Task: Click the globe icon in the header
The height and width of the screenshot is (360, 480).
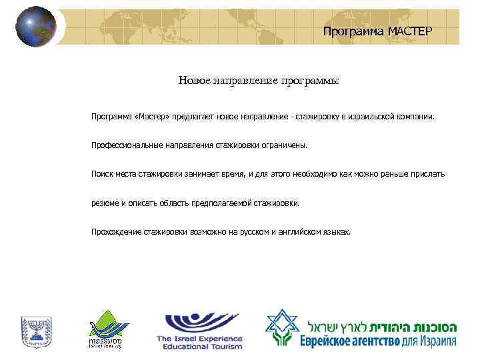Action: (x=35, y=26)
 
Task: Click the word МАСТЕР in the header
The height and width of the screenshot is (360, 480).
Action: (x=410, y=31)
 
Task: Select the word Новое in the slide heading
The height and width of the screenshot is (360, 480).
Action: (x=194, y=81)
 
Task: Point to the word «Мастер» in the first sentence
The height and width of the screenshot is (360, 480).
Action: (x=151, y=116)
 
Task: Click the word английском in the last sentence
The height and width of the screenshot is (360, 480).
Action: (x=297, y=231)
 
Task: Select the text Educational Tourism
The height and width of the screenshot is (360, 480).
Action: (x=199, y=347)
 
